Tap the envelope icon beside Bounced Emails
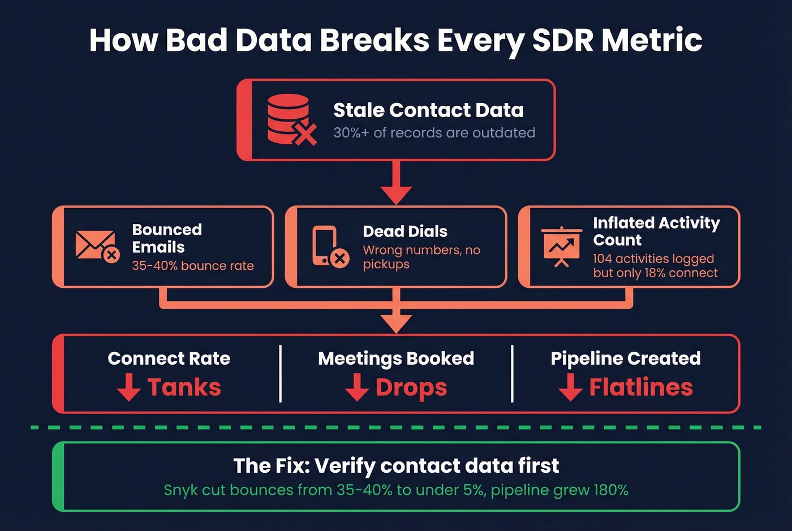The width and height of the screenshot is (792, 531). (x=97, y=246)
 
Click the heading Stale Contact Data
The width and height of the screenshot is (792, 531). (x=428, y=110)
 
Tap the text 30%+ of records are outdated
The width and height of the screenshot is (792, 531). (x=434, y=133)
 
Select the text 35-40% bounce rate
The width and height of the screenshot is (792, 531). (x=192, y=266)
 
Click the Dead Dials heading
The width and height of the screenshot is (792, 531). (x=405, y=231)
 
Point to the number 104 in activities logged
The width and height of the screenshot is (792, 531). (x=602, y=259)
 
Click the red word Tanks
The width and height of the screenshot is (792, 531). (x=184, y=387)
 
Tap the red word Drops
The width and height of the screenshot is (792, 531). (x=411, y=388)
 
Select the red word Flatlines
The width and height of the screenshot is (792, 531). (x=641, y=387)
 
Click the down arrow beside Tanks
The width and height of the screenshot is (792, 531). (x=129, y=387)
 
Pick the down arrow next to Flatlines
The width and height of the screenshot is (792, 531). (x=570, y=387)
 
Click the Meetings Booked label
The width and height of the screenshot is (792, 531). (x=396, y=359)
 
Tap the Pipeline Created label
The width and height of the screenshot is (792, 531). (x=626, y=359)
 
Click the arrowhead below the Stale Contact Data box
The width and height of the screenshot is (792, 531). (x=396, y=195)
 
